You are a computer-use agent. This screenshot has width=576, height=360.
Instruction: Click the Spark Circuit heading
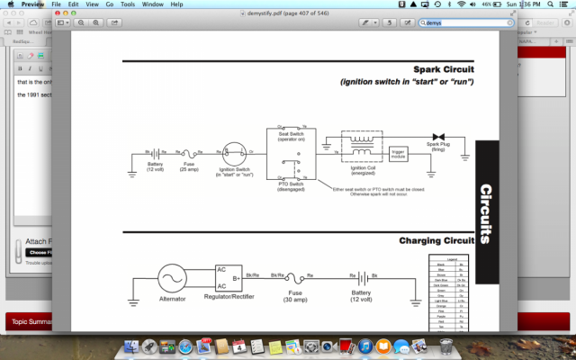(444, 69)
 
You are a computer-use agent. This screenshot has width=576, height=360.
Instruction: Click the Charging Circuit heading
(436, 241)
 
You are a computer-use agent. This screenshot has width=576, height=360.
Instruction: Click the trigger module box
(398, 154)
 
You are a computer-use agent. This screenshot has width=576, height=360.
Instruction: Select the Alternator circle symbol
(172, 279)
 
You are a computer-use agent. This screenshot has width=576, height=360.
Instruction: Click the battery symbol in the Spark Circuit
(155, 153)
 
